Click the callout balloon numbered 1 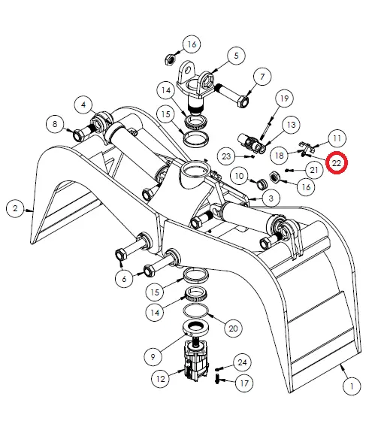tap(349, 388)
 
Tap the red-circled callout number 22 tap(337, 162)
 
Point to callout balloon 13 tap(290, 124)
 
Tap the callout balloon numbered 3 tap(268, 198)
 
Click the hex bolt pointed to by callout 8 tap(78, 136)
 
